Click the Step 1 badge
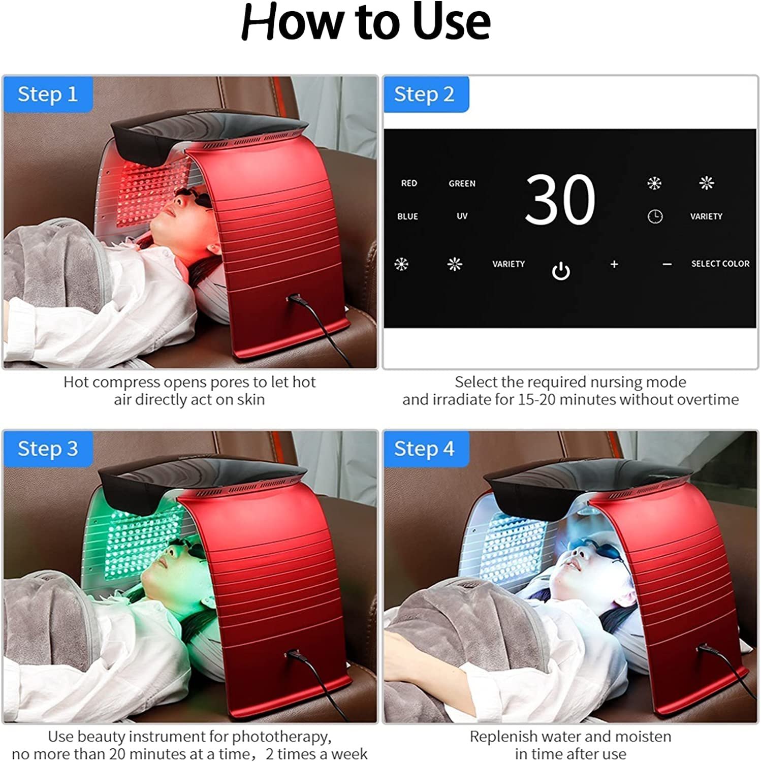[48, 94]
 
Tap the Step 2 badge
[424, 94]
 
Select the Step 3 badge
[48, 449]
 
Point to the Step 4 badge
[424, 449]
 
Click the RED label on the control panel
[409, 183]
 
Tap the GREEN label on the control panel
[462, 183]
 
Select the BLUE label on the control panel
[407, 216]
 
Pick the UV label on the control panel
[462, 216]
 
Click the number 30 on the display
[560, 200]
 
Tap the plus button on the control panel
[614, 264]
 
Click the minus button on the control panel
[667, 264]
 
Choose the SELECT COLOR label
[720, 264]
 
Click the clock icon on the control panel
[655, 216]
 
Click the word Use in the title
[451, 23]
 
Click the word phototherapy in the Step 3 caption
[281, 736]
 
